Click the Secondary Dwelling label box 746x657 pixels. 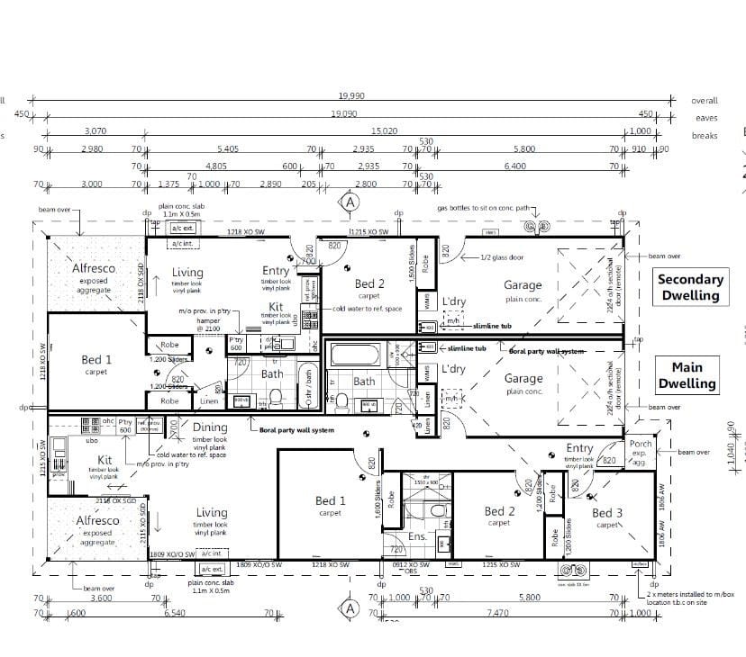689,288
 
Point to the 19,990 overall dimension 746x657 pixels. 351,95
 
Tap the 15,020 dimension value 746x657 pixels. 384,131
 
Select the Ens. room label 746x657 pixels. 417,535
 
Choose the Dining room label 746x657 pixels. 210,428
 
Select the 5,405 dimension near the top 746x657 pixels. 227,148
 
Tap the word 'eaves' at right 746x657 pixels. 705,118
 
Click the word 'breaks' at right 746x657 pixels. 705,135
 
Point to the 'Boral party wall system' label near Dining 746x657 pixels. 296,430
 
